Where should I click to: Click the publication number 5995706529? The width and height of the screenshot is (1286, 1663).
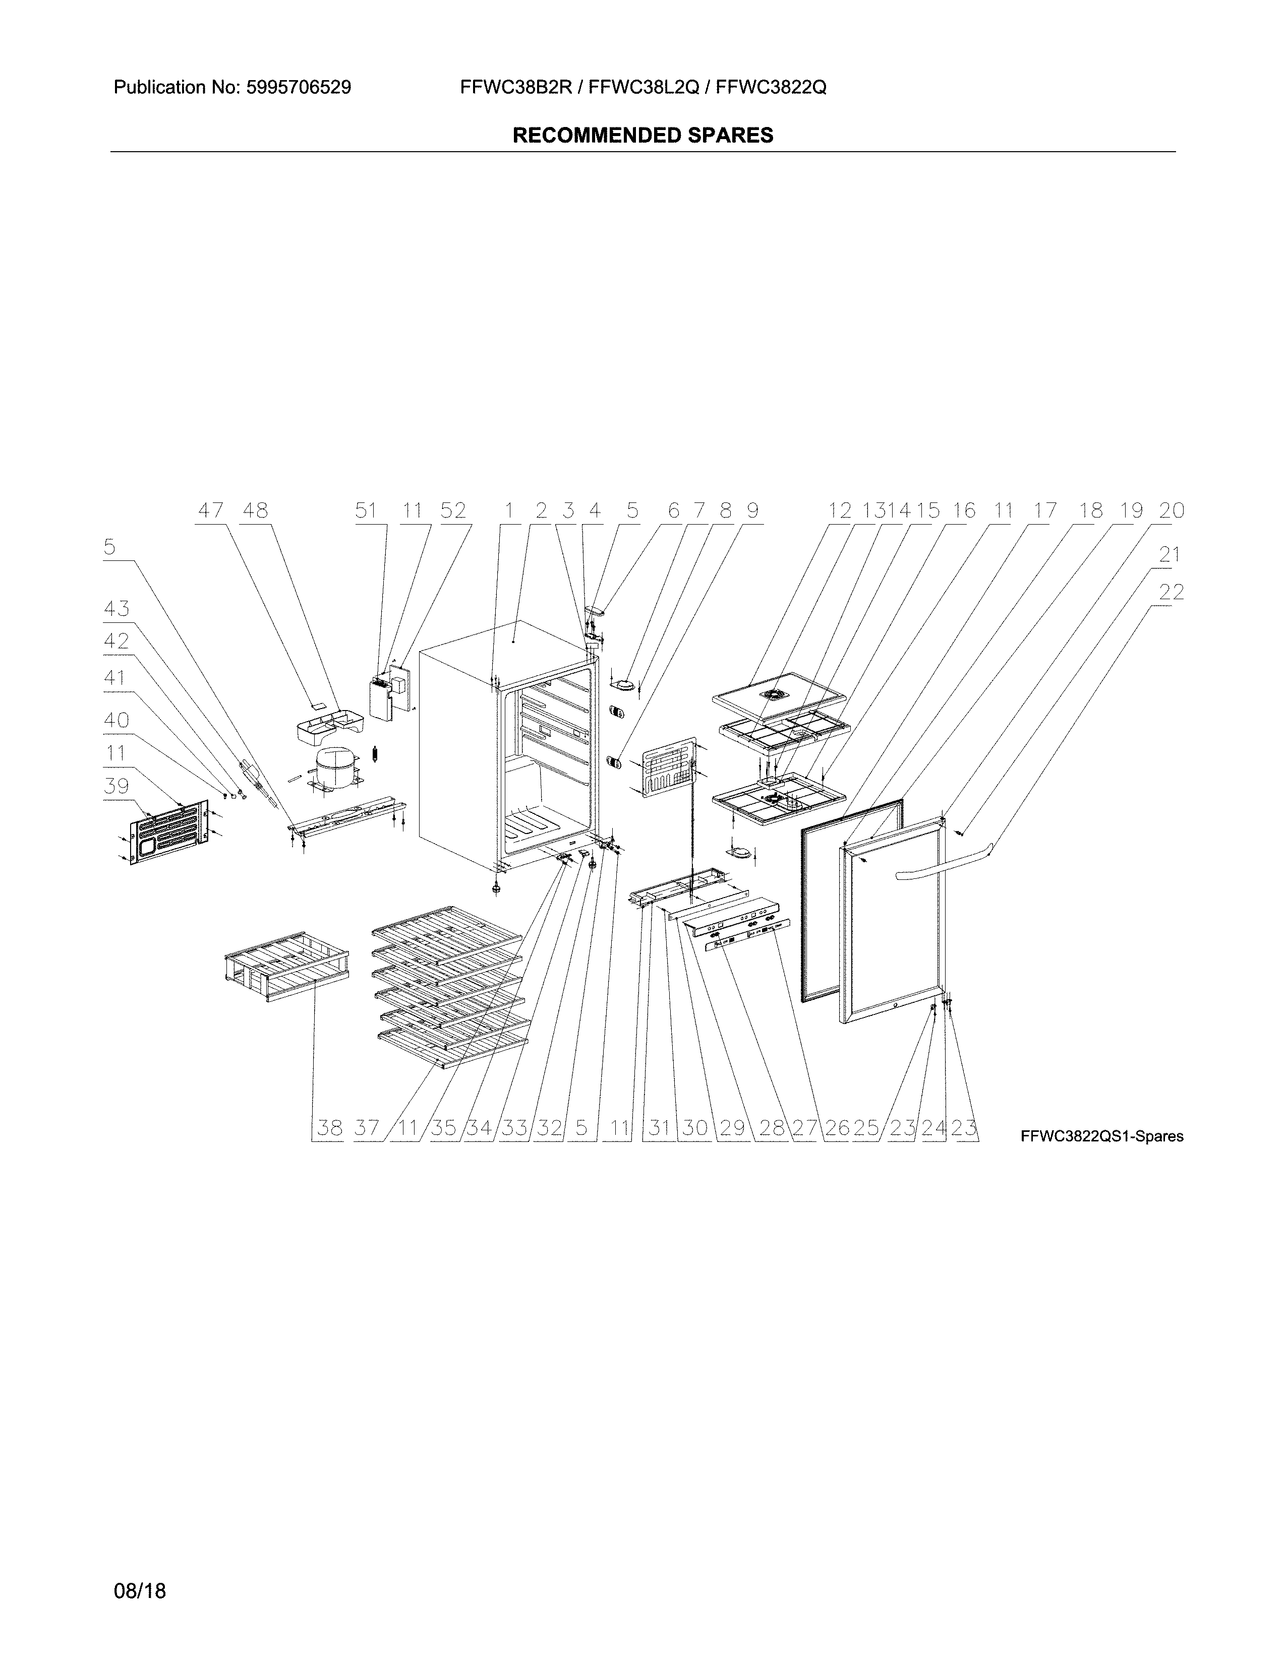299,88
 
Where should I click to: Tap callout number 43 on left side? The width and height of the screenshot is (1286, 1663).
116,609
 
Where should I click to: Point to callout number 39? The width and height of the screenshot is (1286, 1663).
116,785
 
